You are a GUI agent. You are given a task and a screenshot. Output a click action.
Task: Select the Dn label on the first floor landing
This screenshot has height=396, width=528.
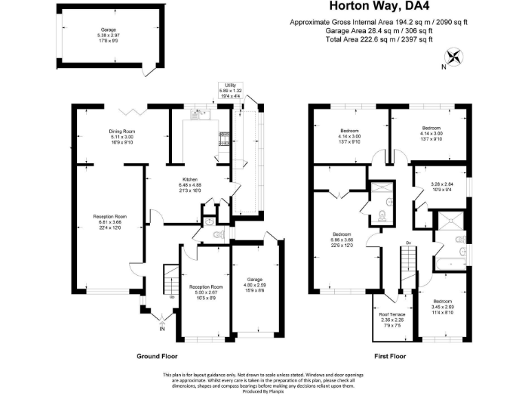click(x=408, y=243)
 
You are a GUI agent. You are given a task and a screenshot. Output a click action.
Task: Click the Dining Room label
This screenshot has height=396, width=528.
click(x=121, y=131)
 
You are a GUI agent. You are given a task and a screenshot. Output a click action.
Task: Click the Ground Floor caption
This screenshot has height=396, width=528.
click(x=157, y=357)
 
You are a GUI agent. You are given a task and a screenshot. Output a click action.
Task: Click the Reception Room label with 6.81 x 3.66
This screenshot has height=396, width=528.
click(x=110, y=217)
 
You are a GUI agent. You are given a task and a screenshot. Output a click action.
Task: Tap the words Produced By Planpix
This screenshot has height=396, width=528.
click(x=264, y=389)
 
